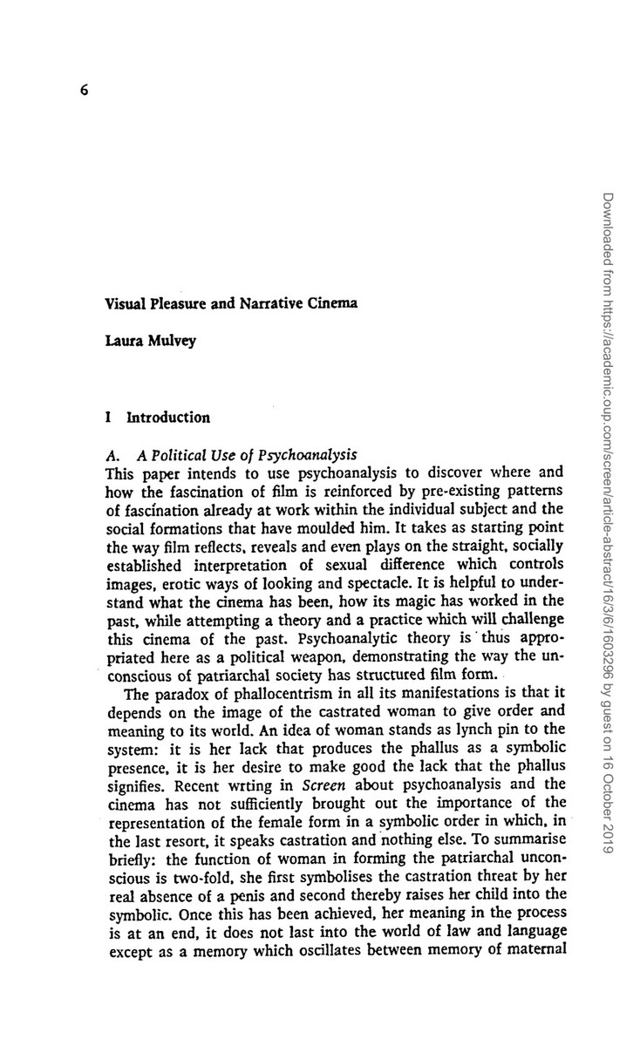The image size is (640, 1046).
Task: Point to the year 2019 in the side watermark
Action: point(609,839)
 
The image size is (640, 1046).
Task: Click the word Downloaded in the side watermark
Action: point(609,228)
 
